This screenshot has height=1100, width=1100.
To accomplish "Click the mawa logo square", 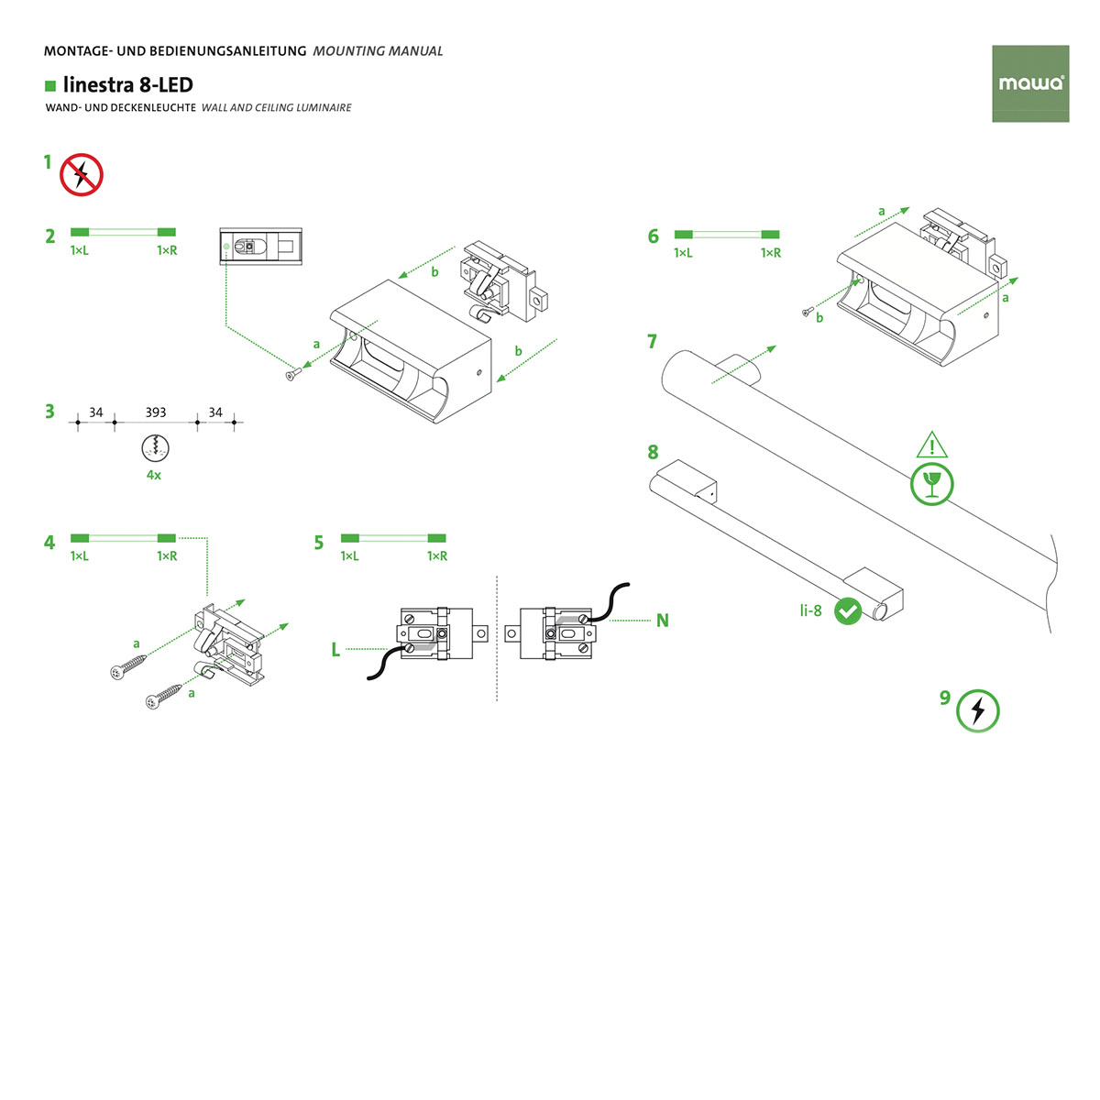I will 1030,83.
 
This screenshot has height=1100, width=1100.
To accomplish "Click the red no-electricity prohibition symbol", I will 82,174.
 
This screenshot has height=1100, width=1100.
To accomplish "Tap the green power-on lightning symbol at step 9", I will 977,711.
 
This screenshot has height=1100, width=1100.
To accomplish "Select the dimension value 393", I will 156,412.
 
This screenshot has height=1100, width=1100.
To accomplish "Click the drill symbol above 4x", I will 155,449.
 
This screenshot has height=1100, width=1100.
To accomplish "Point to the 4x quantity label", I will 154,475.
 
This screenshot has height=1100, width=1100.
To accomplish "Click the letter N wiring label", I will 662,621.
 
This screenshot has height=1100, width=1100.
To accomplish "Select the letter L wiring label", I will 335,650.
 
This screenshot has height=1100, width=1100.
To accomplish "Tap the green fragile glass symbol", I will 932,483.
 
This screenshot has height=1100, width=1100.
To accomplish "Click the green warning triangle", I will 932,446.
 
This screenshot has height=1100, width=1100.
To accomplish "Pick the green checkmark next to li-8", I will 849,610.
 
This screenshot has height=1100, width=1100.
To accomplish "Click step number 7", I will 652,342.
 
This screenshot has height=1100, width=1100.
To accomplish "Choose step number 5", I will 318,543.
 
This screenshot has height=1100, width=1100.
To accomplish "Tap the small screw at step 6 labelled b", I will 806,313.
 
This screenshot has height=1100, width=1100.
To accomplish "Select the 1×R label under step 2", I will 167,250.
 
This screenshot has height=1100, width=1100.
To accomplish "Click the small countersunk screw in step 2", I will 292,372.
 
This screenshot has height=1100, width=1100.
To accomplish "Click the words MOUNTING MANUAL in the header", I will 378,51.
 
